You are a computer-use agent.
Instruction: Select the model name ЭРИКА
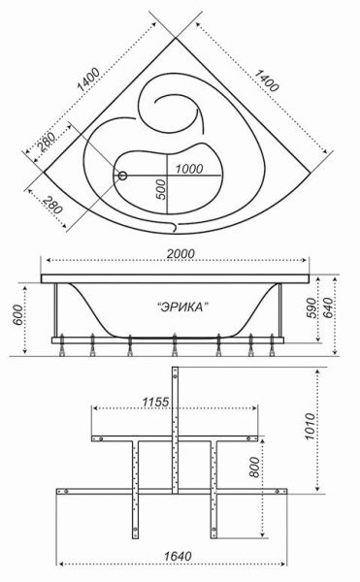183,306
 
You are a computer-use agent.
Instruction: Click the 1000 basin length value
189,169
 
